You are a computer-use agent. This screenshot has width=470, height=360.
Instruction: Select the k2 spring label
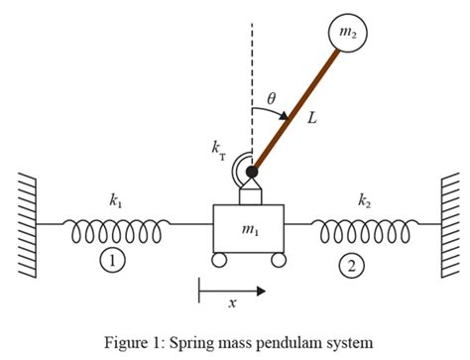pos(365,200)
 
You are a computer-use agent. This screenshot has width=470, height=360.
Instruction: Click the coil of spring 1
pos(116,229)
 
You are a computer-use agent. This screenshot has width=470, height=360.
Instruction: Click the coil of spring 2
pos(364,229)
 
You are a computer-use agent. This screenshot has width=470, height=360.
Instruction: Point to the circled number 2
pos(351,265)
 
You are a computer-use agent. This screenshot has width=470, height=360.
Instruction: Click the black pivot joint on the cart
pos(252,173)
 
